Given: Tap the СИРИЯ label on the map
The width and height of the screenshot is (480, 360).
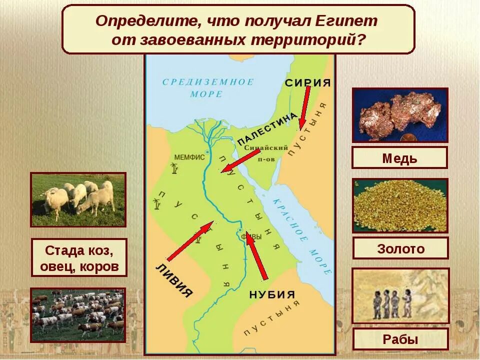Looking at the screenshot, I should pyautogui.click(x=308, y=83).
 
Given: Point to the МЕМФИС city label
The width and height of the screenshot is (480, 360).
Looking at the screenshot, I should pyautogui.click(x=189, y=157).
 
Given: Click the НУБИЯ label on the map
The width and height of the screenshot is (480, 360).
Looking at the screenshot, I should pyautogui.click(x=272, y=295).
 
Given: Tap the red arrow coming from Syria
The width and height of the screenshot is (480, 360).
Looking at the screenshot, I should pyautogui.click(x=304, y=107).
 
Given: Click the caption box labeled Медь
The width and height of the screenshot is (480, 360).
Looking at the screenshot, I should pyautogui.click(x=399, y=158).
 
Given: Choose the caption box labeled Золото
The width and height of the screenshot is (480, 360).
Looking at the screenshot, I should pyautogui.click(x=400, y=248).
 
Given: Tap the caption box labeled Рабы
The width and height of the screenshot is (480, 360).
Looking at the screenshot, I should pyautogui.click(x=400, y=339).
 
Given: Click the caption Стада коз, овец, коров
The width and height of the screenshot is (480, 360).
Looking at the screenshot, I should pyautogui.click(x=78, y=257).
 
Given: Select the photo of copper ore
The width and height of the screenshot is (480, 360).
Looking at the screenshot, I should pyautogui.click(x=400, y=115).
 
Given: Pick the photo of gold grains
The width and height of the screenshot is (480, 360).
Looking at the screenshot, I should pyautogui.click(x=400, y=205).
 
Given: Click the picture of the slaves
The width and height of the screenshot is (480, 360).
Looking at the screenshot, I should pyautogui.click(x=400, y=296).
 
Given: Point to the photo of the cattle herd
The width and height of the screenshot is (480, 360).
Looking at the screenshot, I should pyautogui.click(x=78, y=314).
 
